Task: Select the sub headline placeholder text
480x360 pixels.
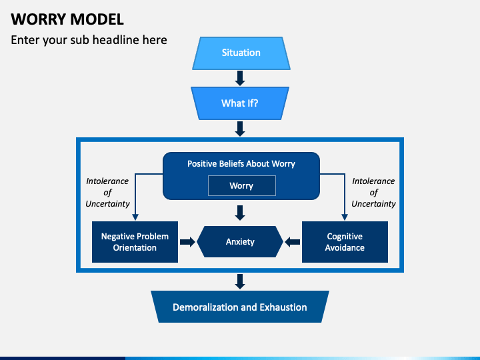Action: click(x=89, y=40)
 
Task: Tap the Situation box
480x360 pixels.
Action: click(x=241, y=53)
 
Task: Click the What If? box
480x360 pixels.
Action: click(x=240, y=103)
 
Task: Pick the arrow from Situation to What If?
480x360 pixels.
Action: click(x=240, y=78)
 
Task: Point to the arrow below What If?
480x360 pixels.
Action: click(x=240, y=128)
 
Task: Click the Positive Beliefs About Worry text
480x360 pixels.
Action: click(x=241, y=163)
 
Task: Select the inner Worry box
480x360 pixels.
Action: click(x=241, y=186)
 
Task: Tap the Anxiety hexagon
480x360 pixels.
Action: click(x=240, y=242)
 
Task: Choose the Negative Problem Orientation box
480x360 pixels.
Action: click(x=135, y=242)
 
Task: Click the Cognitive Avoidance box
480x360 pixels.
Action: click(x=345, y=242)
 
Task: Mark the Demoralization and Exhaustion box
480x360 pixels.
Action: click(x=240, y=307)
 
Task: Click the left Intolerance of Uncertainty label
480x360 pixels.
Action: click(x=107, y=193)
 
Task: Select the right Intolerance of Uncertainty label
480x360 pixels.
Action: click(x=373, y=193)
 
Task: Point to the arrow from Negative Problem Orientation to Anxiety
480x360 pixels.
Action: click(x=187, y=242)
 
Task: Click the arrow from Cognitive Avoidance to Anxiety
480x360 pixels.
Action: click(x=293, y=242)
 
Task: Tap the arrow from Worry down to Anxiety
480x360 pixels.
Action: click(x=240, y=213)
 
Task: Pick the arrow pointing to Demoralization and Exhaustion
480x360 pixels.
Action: click(x=240, y=281)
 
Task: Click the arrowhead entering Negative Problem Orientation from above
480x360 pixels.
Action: click(x=135, y=217)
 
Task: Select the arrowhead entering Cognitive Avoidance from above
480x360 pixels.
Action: click(x=345, y=217)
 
